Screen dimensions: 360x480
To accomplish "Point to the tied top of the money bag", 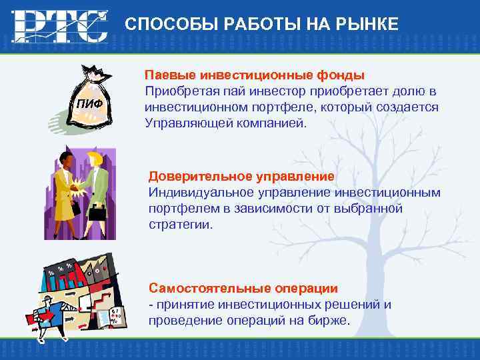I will coord(93,72).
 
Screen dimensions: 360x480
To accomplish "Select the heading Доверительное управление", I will coord(241,176).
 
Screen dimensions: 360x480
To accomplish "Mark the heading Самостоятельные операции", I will coord(243,288).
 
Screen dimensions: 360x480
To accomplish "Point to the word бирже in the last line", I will coord(329,321).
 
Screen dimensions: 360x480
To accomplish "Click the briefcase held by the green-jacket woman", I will coord(98,214).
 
